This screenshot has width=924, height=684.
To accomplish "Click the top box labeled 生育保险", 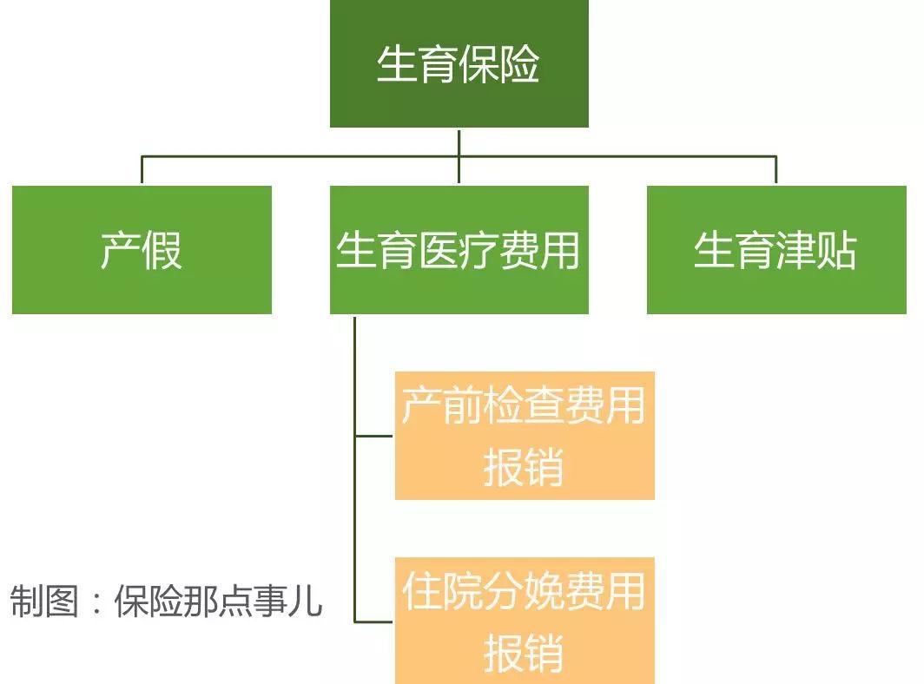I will click(459, 63).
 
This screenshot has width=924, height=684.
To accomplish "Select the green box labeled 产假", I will click(142, 250).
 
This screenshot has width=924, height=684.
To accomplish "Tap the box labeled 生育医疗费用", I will click(459, 250).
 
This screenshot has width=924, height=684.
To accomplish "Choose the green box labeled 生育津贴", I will click(775, 250).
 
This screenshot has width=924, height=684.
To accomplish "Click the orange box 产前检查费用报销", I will click(525, 436).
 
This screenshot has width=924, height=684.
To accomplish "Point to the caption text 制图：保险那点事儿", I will click(166, 601).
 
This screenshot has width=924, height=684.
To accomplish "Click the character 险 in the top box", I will click(520, 64).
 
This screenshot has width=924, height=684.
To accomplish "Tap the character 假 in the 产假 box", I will click(162, 251).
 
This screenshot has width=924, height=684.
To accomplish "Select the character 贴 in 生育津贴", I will click(837, 251).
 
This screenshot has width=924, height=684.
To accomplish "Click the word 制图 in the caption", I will click(44, 601).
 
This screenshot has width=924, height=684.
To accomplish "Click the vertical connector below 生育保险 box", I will click(459, 141).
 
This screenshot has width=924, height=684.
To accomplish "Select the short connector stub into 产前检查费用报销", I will click(375, 436).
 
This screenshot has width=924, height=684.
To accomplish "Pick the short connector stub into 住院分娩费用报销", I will click(375, 621).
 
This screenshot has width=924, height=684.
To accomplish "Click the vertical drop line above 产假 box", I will click(142, 170).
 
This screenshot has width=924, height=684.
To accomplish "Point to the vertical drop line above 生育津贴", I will click(775, 170).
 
